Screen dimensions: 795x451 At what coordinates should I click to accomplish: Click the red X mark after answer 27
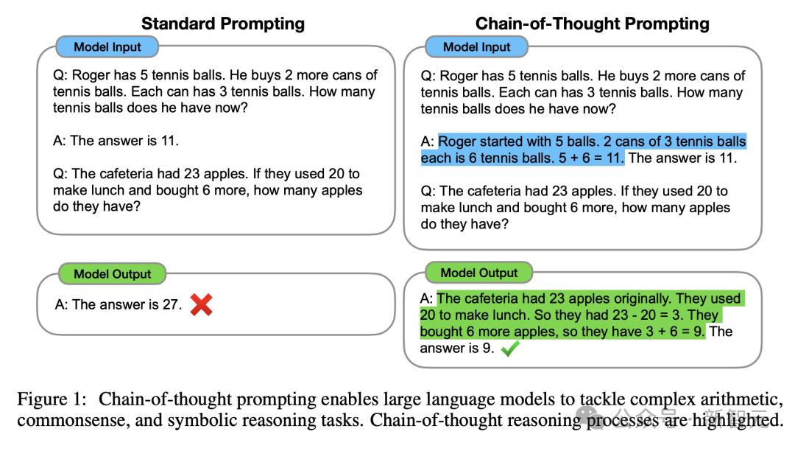coord(201,305)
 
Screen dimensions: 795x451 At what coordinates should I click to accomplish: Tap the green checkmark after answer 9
coord(510,349)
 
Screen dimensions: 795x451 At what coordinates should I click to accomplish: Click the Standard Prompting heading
coord(223,24)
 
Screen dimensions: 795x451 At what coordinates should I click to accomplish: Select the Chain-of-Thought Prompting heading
coord(592,24)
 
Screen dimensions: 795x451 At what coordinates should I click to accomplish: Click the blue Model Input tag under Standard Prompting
coord(107,47)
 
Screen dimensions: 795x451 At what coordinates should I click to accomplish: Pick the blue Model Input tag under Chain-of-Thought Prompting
coord(476,47)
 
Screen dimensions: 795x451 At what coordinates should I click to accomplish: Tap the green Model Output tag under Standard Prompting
coord(113,274)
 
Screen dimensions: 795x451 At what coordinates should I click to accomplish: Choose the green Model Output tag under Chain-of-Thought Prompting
coord(479,273)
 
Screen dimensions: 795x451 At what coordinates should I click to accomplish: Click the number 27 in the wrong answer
coord(170,304)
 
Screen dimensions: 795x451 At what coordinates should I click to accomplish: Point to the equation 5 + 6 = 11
coord(591,158)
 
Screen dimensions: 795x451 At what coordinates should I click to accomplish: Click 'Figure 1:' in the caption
coord(52,399)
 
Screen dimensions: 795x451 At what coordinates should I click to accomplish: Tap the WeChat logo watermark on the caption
coord(592,418)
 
